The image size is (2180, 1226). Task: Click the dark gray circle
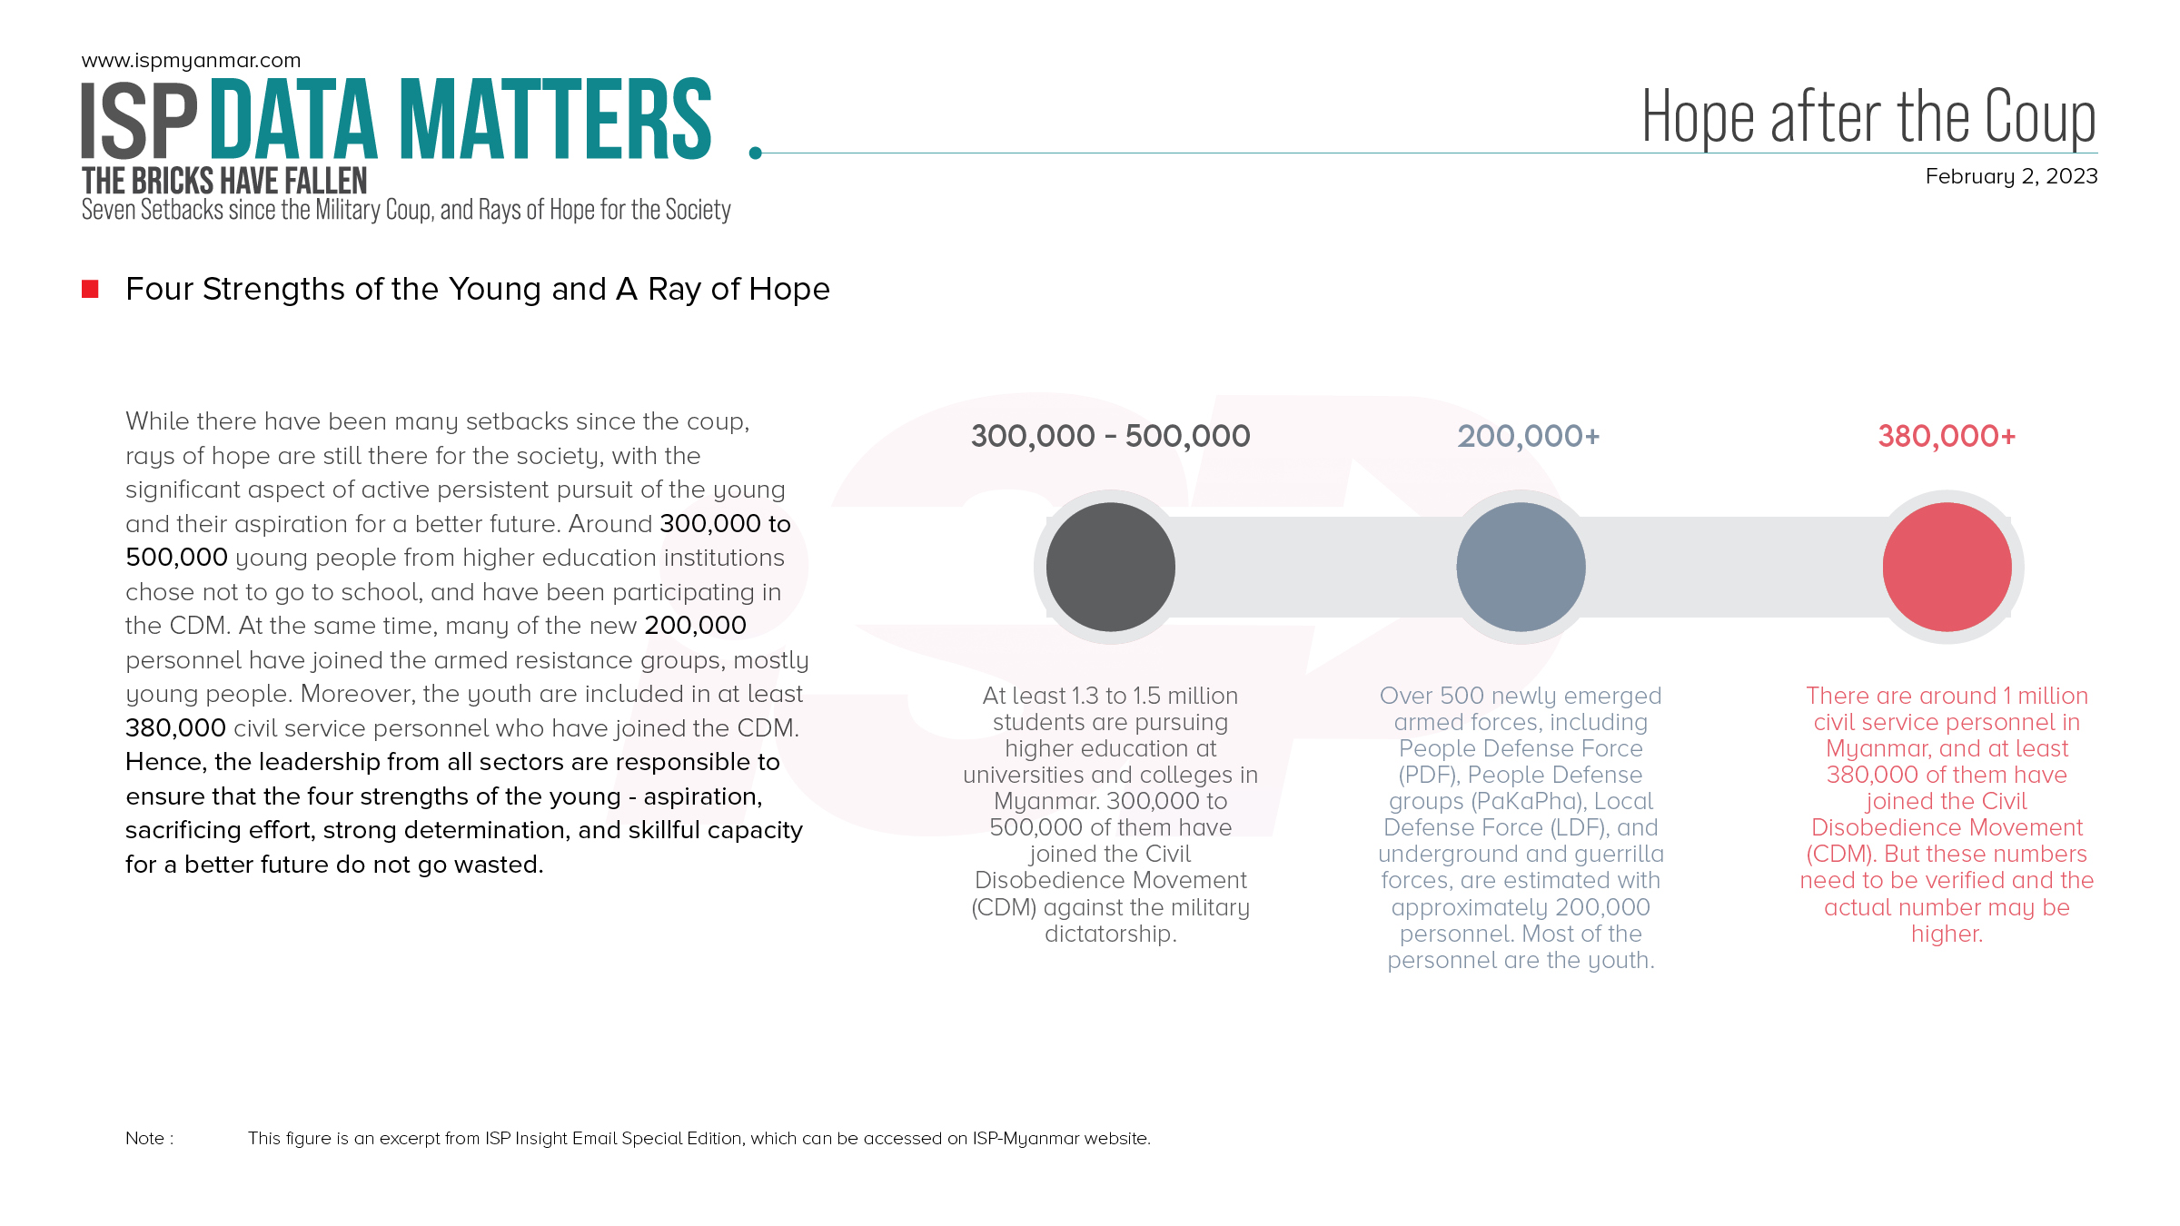(1110, 567)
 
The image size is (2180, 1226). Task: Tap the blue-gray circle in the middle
(1521, 567)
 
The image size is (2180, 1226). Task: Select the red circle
(1947, 567)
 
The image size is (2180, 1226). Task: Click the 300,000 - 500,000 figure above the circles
(1110, 436)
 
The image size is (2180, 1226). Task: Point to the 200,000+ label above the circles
(1528, 436)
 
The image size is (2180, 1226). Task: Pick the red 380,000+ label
(1947, 436)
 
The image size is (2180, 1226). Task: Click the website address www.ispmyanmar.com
(191, 61)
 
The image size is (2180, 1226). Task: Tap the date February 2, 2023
(2011, 176)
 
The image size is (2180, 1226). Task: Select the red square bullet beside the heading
(90, 289)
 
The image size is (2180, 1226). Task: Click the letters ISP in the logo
(139, 121)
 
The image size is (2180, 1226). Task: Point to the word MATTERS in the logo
(555, 121)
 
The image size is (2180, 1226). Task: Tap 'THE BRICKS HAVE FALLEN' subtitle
(224, 181)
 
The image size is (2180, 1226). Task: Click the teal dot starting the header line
(755, 153)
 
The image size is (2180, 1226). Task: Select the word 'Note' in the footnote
(145, 1138)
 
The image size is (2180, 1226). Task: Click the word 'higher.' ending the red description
(1947, 934)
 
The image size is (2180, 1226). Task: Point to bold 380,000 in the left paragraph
(175, 727)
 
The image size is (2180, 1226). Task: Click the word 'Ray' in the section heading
(674, 289)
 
